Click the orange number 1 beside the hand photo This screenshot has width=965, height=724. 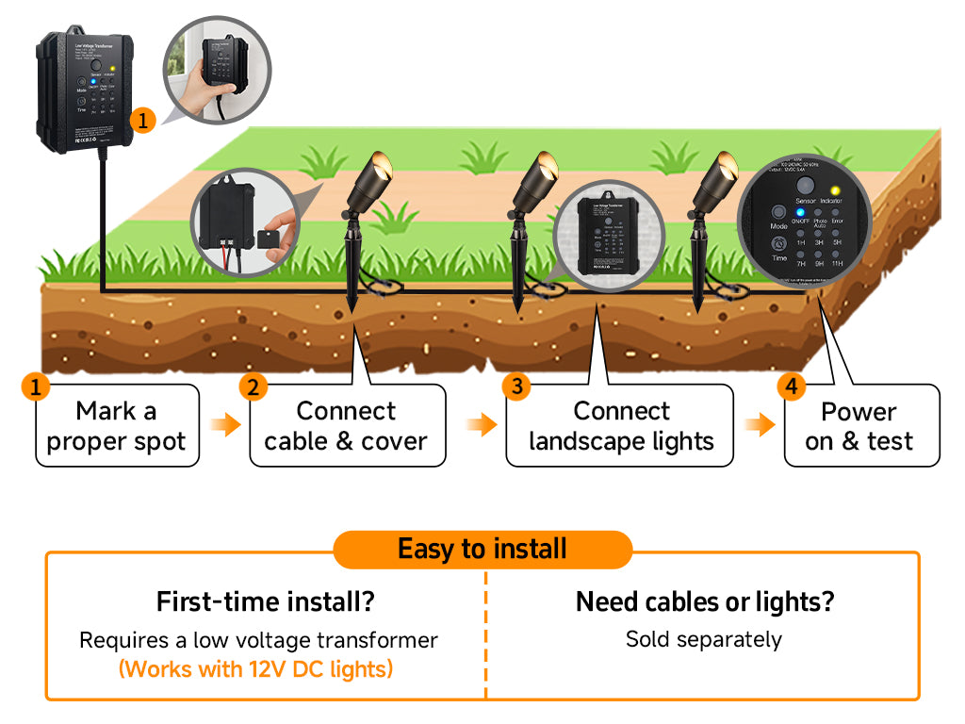coord(142,120)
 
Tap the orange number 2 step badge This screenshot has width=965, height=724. coord(252,387)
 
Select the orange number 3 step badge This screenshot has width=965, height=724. coord(515,386)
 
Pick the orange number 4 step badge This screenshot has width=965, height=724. coord(792,387)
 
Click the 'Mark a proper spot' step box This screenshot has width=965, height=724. coord(117,425)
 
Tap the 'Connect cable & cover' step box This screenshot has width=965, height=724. coord(346,425)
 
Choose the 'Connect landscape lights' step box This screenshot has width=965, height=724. coord(621,425)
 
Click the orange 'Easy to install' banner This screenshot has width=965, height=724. coord(482,549)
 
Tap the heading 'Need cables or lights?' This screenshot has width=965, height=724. coord(704,601)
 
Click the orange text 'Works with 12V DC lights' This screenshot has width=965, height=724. coord(255,669)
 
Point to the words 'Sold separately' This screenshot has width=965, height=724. coord(704,639)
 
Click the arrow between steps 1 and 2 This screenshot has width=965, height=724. coord(224,425)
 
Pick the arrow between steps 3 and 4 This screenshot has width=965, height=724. coord(760,425)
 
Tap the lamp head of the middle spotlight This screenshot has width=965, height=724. coord(538,179)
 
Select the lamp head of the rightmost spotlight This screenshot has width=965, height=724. coord(720,179)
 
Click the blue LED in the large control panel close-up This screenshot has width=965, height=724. coord(800,212)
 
